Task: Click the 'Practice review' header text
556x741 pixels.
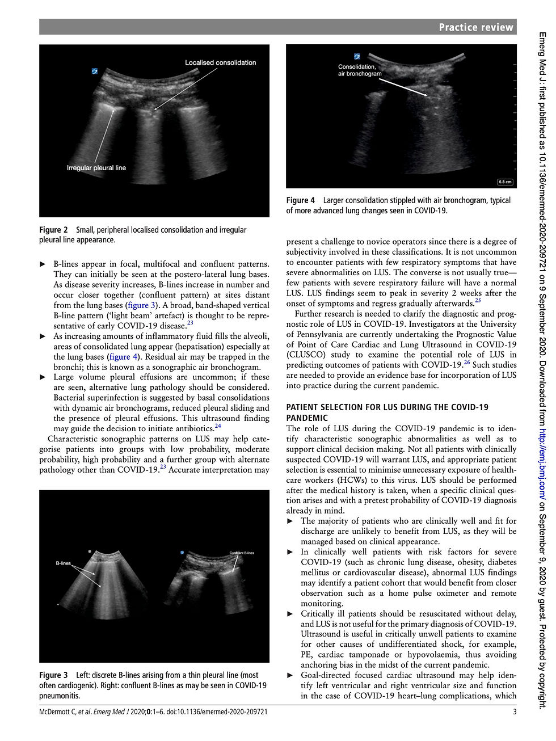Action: (x=475, y=27)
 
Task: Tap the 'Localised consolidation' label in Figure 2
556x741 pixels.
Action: (x=220, y=62)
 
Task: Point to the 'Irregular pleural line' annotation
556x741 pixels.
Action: (x=96, y=168)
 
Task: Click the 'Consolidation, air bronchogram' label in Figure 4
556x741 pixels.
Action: (x=360, y=70)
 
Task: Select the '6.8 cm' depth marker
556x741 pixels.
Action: (x=504, y=182)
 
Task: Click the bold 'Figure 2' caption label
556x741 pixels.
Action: (x=53, y=230)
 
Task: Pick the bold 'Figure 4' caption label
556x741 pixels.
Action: (x=300, y=200)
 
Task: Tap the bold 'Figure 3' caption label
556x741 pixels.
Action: (x=53, y=675)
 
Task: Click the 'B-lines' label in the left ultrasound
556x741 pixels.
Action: (x=63, y=563)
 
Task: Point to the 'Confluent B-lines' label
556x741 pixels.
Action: (x=242, y=553)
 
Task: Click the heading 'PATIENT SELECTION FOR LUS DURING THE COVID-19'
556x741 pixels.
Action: (x=387, y=407)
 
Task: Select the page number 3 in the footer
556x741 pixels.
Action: (x=514, y=711)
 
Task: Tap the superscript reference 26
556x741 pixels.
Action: (x=467, y=363)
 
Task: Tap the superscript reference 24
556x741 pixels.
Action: (x=218, y=426)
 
